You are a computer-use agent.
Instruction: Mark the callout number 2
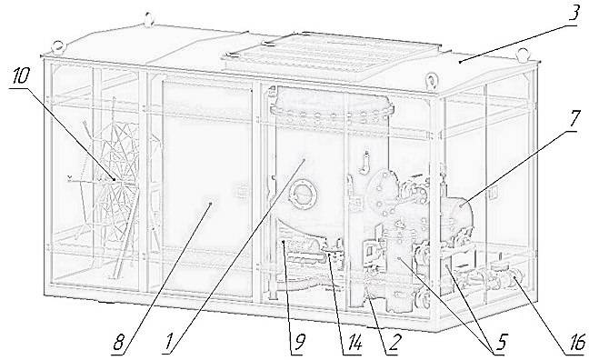(x=394, y=344)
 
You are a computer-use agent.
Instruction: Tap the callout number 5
(x=499, y=344)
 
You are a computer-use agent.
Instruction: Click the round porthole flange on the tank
(x=303, y=195)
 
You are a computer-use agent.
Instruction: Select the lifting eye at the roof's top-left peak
(x=149, y=19)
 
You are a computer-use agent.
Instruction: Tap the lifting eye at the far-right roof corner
(x=522, y=55)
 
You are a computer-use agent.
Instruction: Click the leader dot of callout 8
(x=210, y=204)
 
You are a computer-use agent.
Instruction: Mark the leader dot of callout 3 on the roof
(x=461, y=61)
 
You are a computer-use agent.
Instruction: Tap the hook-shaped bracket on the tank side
(x=364, y=163)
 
